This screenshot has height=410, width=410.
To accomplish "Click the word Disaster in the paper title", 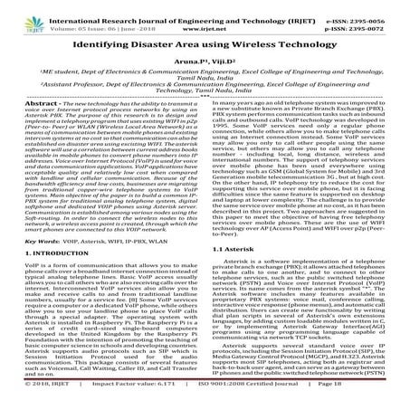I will [x=147, y=41].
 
